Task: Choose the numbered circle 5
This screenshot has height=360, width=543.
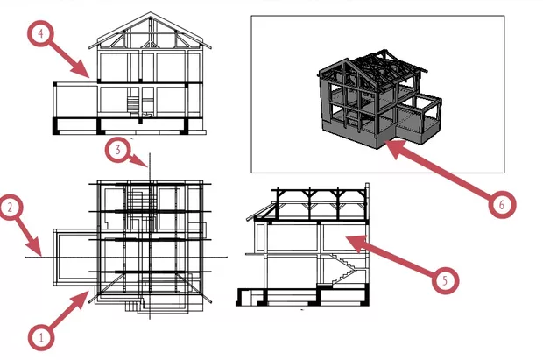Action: [445, 279]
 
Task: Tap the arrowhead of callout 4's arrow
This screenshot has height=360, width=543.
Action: [88, 76]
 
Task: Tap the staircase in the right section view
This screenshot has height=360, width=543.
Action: [349, 265]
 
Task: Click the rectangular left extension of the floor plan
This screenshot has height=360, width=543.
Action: [70, 254]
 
